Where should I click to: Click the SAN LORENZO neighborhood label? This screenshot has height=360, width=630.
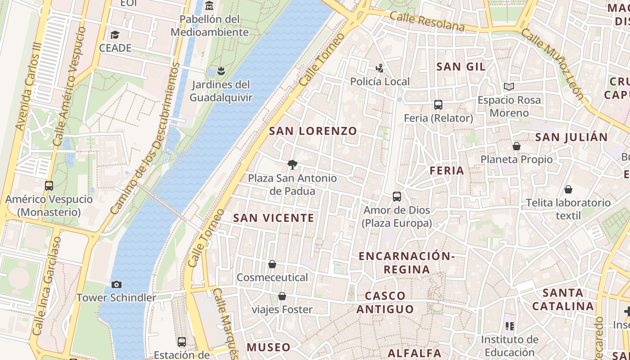[x=313, y=131]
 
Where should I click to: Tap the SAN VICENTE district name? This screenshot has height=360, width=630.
[x=274, y=218]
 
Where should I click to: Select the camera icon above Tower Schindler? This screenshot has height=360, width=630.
[x=116, y=284]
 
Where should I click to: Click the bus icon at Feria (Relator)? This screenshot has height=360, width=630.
[x=438, y=105]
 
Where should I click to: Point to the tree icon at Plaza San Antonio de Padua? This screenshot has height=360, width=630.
[x=292, y=165]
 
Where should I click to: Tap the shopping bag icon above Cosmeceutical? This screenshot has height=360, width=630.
[x=272, y=264]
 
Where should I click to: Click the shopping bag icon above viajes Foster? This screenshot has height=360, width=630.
[x=282, y=296]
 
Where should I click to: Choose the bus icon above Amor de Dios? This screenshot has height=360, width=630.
[x=396, y=197]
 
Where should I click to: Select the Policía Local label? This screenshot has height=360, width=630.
[x=380, y=81]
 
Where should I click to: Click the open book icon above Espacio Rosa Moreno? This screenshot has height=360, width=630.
[x=509, y=86]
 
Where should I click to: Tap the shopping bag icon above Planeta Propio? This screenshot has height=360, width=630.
[x=517, y=146]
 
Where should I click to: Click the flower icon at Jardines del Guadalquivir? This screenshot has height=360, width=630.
[x=220, y=71]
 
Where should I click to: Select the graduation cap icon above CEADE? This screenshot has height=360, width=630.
[x=115, y=35]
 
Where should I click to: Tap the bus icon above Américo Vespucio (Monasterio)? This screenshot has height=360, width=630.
[x=49, y=185]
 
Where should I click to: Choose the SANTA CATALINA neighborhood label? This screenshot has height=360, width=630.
[x=563, y=300]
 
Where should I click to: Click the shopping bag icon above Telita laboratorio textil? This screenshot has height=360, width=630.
[x=568, y=189]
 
